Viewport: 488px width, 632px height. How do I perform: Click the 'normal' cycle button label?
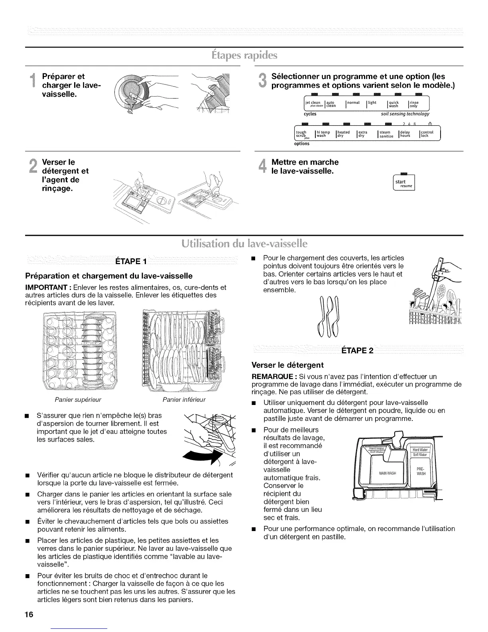point(354,103)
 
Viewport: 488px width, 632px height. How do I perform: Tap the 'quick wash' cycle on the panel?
point(394,104)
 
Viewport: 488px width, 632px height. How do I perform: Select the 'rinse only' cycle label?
point(414,104)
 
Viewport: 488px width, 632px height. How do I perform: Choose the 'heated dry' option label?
point(343,134)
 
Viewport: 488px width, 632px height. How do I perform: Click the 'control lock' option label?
point(426,134)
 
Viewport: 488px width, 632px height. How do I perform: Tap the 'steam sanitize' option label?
point(386,134)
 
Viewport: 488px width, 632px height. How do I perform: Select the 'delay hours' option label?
point(405,134)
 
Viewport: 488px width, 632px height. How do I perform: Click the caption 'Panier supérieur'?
point(84,399)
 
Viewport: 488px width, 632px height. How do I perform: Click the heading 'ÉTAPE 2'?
point(357,351)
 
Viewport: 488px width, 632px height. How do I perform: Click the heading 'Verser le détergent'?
point(287,365)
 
